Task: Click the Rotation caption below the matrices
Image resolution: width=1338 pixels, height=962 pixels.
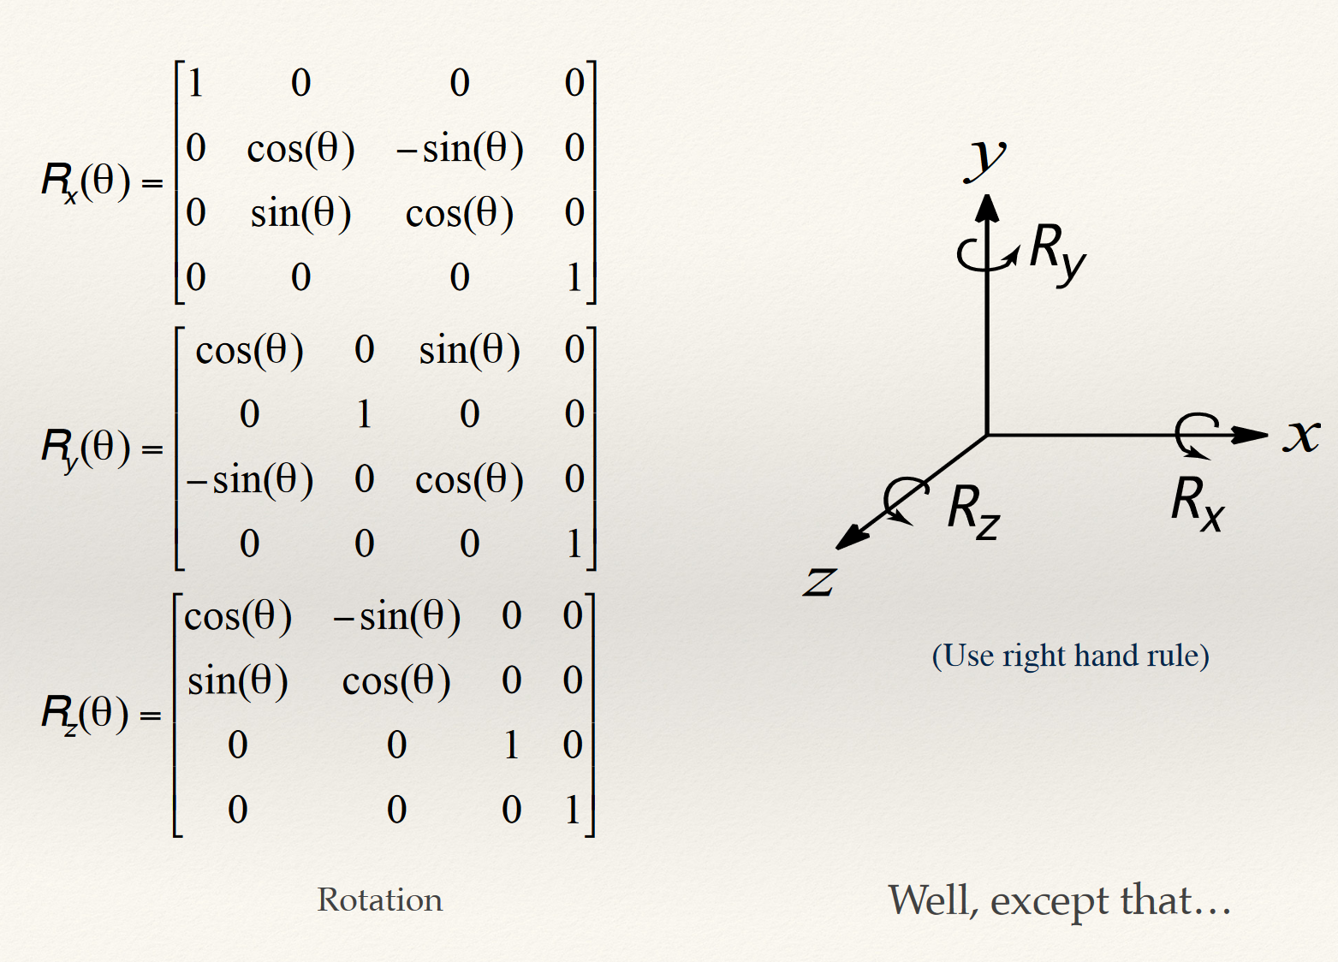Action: [x=380, y=900]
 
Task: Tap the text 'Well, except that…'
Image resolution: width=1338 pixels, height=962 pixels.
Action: [x=1060, y=900]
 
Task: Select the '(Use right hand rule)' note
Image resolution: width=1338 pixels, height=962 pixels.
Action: [x=1070, y=656]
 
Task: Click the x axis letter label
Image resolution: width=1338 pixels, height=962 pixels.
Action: [x=1301, y=435]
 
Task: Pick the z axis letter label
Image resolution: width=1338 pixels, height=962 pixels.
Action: [x=819, y=582]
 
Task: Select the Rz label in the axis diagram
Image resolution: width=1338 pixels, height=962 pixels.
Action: [x=973, y=511]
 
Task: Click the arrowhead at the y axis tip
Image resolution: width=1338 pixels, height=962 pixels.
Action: [x=987, y=208]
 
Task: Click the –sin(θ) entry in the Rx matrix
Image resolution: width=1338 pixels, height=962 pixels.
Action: [x=460, y=149]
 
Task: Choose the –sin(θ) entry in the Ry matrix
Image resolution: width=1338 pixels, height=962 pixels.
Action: [x=250, y=479]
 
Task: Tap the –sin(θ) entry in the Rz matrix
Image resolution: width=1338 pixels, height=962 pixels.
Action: [x=397, y=616]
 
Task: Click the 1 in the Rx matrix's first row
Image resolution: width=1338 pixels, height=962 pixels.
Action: [x=196, y=83]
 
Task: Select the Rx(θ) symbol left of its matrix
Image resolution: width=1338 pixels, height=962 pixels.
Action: [x=86, y=181]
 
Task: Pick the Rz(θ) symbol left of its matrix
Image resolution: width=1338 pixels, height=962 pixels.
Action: [x=86, y=714]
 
